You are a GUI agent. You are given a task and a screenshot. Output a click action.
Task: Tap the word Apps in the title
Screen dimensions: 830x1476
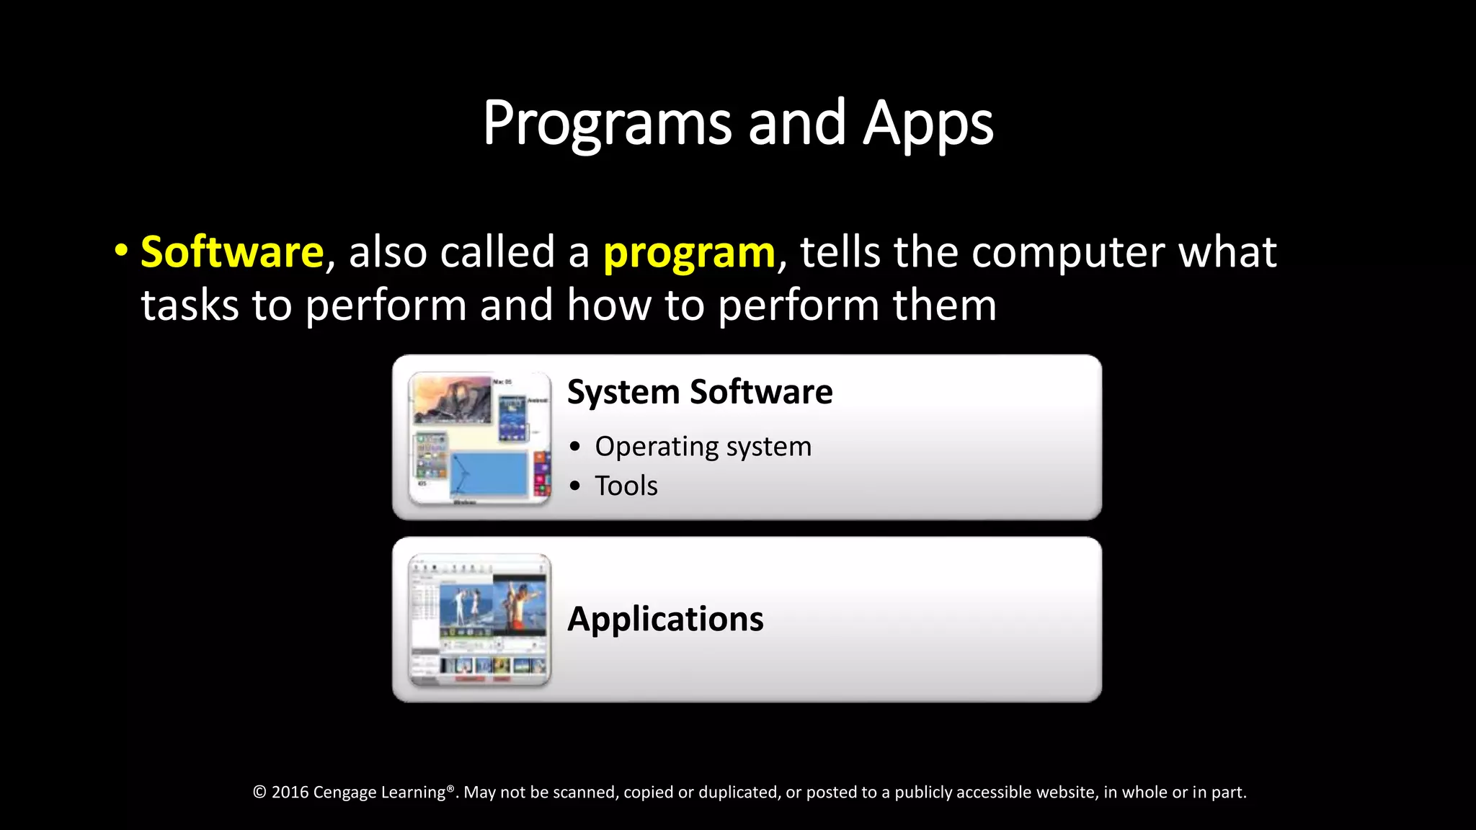tap(928, 124)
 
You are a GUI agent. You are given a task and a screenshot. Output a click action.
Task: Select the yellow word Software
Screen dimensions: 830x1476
tap(232, 252)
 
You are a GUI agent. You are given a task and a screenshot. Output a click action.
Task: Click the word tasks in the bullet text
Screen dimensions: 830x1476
tap(190, 305)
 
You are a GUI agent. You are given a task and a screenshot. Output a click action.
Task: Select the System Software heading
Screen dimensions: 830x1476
tap(699, 392)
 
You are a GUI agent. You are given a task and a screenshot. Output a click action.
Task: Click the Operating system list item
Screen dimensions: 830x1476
tap(703, 447)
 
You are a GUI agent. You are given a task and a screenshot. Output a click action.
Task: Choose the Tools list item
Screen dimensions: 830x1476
tap(626, 486)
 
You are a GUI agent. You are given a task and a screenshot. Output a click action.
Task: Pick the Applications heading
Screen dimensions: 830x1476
tap(665, 619)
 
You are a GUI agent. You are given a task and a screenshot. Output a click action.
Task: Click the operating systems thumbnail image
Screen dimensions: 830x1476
tap(479, 438)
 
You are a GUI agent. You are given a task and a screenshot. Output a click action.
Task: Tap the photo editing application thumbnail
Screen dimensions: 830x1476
tap(479, 620)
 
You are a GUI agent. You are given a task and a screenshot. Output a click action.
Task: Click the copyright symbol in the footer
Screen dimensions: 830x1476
tap(259, 793)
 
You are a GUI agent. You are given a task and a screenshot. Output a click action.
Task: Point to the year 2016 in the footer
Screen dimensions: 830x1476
tap(290, 793)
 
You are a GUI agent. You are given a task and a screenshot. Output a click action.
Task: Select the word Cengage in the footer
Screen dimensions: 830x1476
tap(344, 793)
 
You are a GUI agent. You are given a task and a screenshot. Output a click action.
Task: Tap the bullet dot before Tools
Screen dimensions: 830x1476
tap(574, 486)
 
